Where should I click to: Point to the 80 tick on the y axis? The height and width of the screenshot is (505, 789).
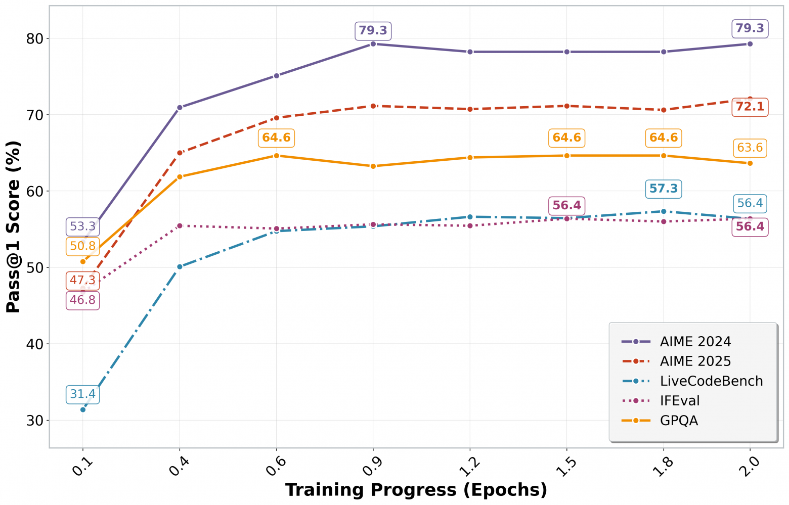[35, 39]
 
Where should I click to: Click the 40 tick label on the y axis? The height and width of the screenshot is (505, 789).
[35, 344]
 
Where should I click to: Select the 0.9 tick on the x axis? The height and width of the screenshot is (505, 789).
[373, 465]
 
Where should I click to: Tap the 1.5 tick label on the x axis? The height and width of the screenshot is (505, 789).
[566, 465]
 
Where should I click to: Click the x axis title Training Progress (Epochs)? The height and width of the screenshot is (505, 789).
[416, 490]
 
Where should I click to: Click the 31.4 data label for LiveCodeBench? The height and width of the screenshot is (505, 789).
[82, 394]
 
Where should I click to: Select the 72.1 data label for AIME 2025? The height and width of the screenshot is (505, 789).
[750, 107]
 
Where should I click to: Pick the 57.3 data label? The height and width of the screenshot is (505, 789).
[663, 189]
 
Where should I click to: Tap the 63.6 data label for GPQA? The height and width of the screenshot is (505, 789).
[750, 148]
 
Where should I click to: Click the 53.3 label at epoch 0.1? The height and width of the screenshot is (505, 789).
[82, 226]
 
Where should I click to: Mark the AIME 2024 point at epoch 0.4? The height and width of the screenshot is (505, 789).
[180, 108]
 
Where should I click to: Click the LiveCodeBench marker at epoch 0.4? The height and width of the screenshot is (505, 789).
[180, 266]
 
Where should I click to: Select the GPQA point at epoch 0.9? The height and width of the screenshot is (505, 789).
[373, 166]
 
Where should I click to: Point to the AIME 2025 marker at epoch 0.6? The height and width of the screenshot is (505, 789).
[276, 118]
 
